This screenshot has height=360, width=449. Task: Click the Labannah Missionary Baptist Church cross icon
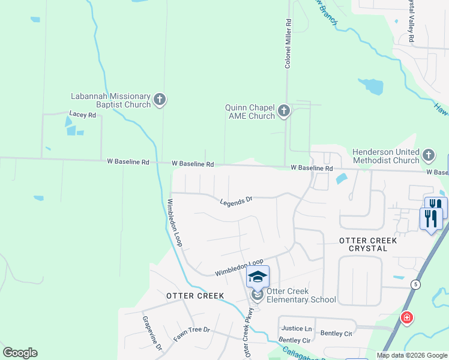click(160, 100)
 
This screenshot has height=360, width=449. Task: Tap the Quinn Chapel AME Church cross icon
click(284, 111)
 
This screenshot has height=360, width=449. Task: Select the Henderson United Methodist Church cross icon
click(428, 155)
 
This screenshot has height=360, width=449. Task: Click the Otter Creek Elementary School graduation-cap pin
click(258, 277)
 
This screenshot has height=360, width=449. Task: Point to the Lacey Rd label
click(83, 114)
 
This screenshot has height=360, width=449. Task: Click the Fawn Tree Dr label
click(191, 334)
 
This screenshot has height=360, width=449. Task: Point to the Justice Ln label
click(297, 328)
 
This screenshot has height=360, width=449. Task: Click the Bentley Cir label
click(294, 340)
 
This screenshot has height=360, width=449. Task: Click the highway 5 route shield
click(415, 283)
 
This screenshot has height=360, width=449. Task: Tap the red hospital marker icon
click(407, 317)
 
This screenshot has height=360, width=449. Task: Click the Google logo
click(20, 353)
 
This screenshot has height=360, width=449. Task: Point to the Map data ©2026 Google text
click(411, 355)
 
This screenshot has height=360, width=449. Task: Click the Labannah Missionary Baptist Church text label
click(110, 100)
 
